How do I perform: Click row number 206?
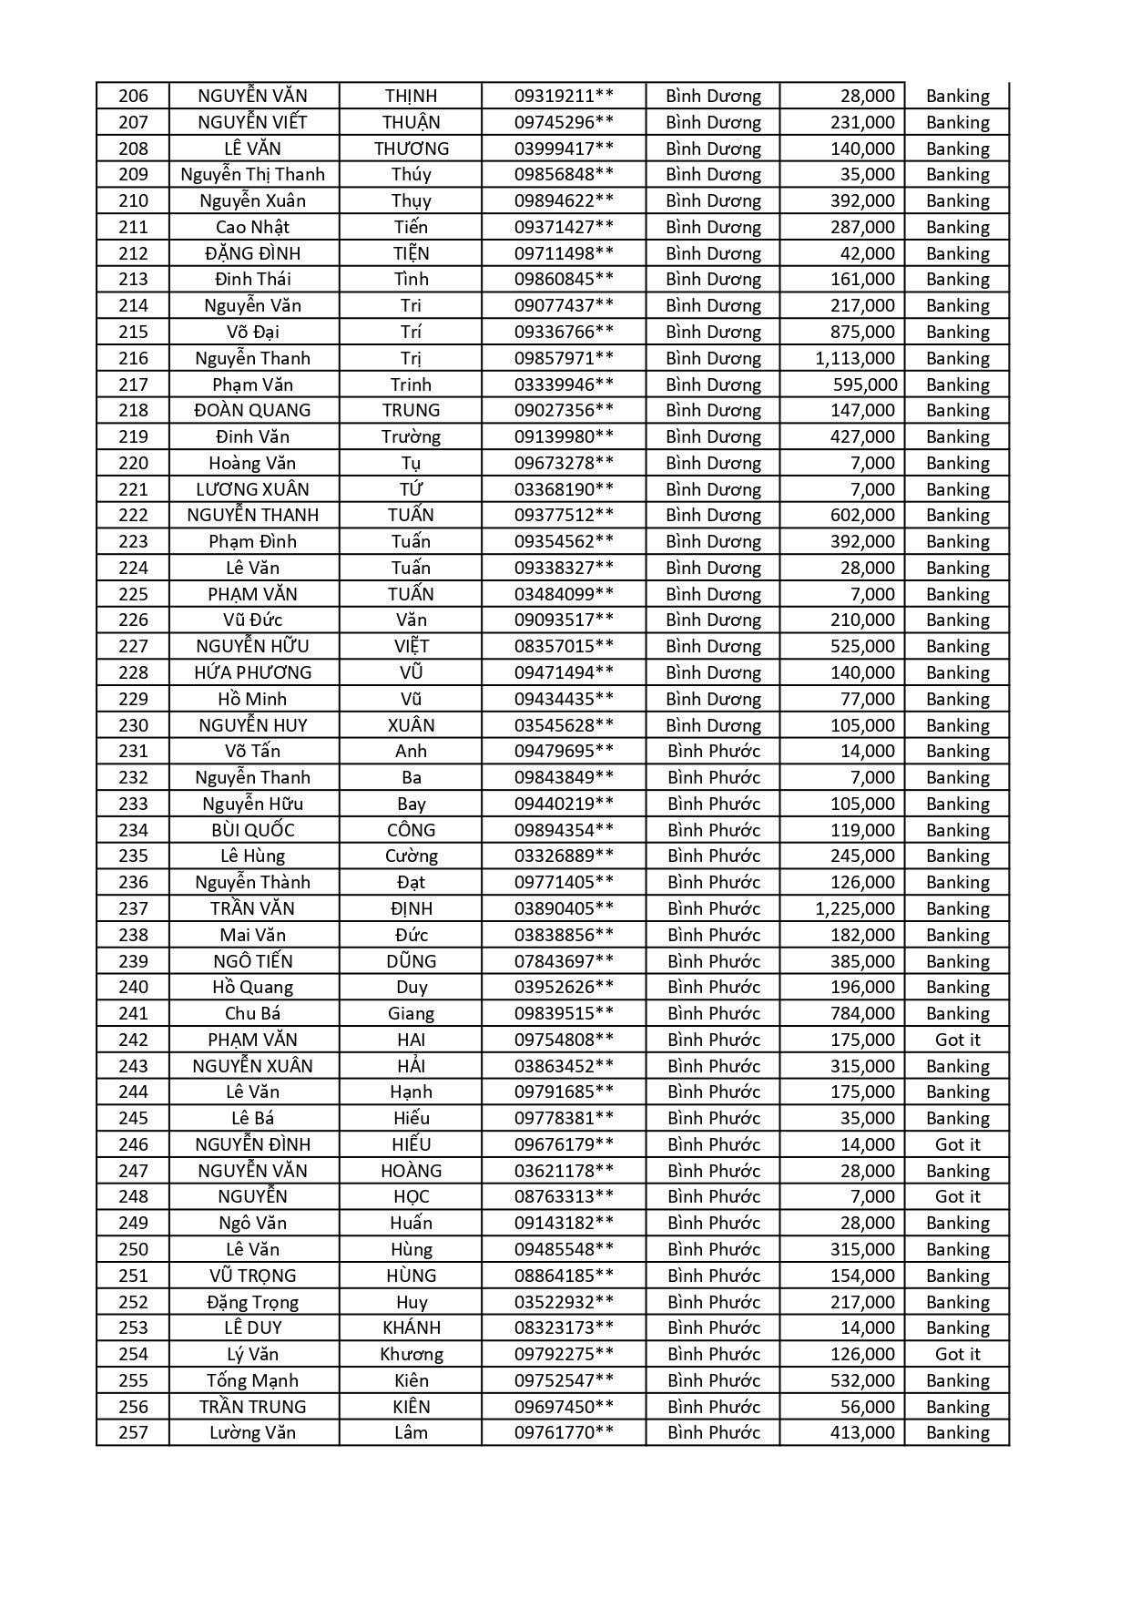[133, 96]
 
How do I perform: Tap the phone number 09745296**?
[564, 122]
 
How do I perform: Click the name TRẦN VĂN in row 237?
[252, 908]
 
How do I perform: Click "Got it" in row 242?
[957, 1040]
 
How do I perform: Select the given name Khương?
[411, 1354]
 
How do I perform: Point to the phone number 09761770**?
[564, 1432]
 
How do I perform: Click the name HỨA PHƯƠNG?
[252, 672]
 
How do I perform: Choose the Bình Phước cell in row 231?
[713, 751]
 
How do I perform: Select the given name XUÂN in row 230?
[411, 725]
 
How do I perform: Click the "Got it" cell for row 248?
[957, 1196]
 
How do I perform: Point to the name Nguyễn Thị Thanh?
[252, 174]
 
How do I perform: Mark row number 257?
[133, 1432]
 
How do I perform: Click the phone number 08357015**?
[564, 646]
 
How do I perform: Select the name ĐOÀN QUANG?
[252, 410]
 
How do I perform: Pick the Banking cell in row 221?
[957, 489]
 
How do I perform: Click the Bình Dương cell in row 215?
[713, 332]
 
